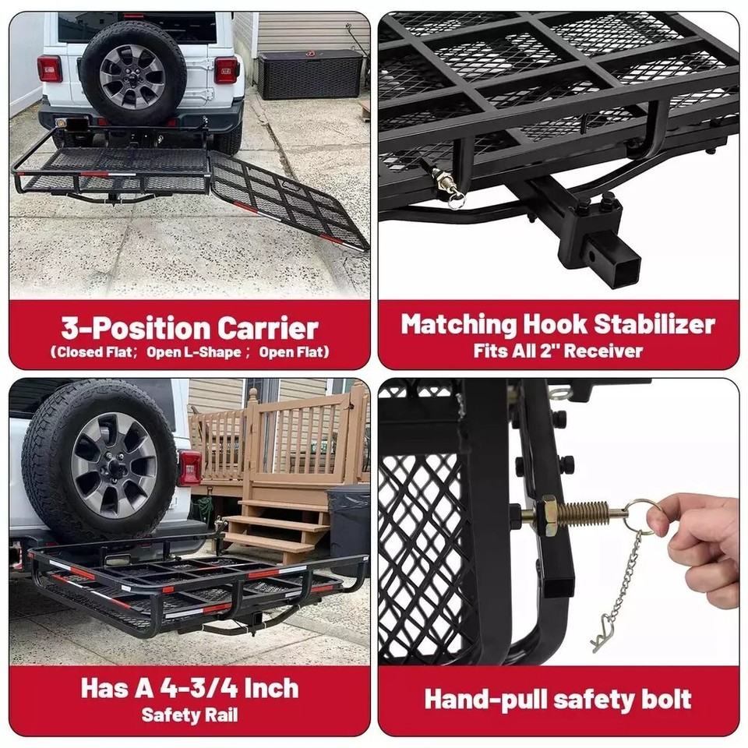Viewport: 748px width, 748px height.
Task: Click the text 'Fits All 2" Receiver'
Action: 558,351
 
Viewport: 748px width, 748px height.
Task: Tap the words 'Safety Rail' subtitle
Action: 189,715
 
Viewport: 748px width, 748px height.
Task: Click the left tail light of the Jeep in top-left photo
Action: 49,69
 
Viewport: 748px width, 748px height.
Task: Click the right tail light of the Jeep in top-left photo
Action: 226,70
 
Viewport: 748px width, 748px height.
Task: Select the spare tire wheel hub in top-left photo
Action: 132,76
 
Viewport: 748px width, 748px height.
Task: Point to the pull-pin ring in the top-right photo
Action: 457,202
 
